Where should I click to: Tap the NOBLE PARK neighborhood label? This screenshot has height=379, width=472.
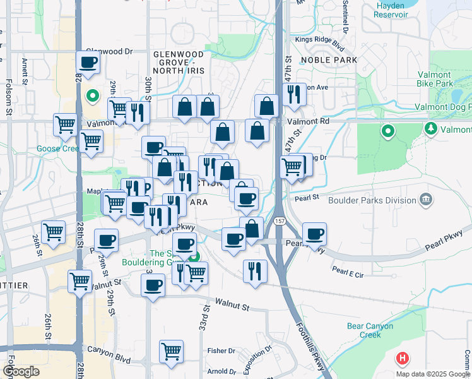point(329,60)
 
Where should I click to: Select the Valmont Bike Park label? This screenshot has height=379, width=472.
point(435,78)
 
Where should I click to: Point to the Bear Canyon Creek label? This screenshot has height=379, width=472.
point(370,330)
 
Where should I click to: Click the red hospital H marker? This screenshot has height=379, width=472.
point(403,359)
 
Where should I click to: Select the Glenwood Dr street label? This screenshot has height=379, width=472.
point(110,52)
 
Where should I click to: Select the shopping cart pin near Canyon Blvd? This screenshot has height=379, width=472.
point(172,351)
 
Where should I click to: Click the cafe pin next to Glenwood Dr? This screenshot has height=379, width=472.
point(88,62)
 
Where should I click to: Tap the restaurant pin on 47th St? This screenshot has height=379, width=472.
point(295,93)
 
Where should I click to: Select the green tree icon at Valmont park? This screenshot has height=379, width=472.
point(432,129)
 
